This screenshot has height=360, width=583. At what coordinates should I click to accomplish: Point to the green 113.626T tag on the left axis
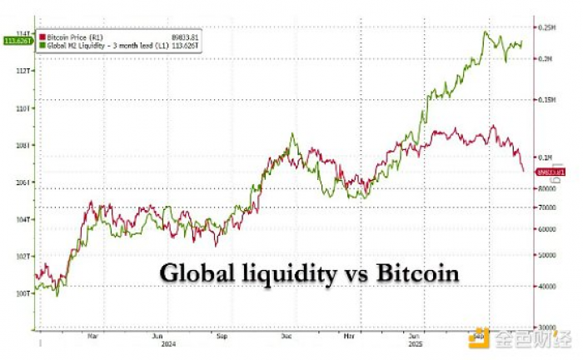[17, 40]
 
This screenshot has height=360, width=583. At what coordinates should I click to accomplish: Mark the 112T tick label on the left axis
[24, 70]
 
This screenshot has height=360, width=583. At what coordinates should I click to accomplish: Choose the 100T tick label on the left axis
[24, 294]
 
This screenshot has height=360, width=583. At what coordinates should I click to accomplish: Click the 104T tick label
[24, 220]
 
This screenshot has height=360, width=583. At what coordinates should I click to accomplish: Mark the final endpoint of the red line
[523, 171]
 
